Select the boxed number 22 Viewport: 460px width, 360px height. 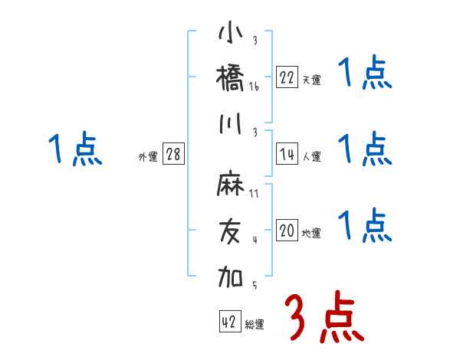pos(287,77)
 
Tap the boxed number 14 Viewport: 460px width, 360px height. pos(287,154)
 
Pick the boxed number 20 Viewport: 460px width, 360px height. pos(287,231)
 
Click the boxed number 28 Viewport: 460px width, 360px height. pos(174,154)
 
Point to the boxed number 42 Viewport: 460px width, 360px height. pos(229,322)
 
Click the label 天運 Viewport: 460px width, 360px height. pos(311,80)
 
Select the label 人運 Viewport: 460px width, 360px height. pos(311,157)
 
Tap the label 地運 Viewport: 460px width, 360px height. pos(311,234)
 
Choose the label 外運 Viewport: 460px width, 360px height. pos(147,157)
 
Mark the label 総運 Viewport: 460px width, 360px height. pos(255,325)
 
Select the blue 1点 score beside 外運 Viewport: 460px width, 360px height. pos(75,149)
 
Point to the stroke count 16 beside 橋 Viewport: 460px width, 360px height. pos(254,87)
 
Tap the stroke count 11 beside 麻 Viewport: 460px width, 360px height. pos(254,194)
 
